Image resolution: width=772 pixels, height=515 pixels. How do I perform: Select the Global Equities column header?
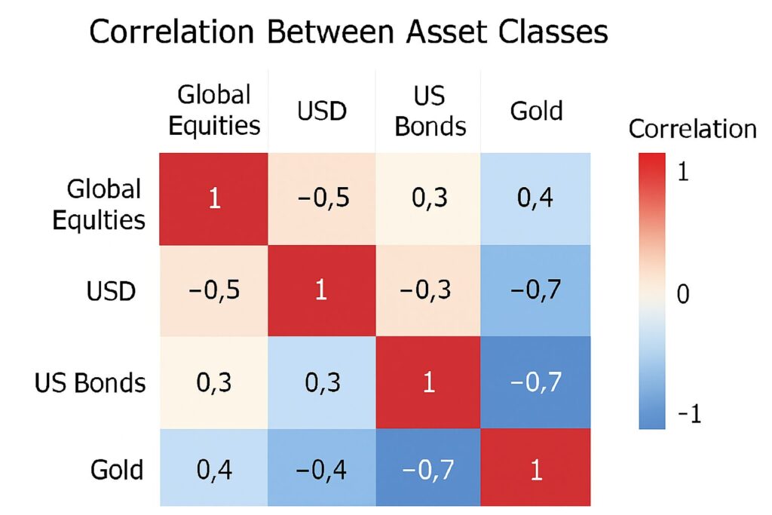click(x=214, y=110)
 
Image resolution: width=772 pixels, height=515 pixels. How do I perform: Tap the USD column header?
click(x=321, y=111)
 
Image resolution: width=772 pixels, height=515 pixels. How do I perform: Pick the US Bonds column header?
click(x=430, y=110)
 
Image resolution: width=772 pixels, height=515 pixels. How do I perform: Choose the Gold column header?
click(x=536, y=111)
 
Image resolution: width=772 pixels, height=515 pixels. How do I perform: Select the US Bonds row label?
click(x=90, y=382)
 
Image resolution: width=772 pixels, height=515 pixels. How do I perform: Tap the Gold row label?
click(x=117, y=469)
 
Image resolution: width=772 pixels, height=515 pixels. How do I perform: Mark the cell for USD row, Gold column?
click(x=536, y=291)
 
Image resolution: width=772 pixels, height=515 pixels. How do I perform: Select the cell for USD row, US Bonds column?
click(x=430, y=291)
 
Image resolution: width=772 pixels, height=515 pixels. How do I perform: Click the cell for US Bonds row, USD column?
click(x=321, y=382)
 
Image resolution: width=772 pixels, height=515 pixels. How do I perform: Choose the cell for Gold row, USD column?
click(x=321, y=469)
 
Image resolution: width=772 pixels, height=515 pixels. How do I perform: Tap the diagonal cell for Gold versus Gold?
click(x=536, y=469)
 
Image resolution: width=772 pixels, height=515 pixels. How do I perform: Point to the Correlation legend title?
click(x=692, y=129)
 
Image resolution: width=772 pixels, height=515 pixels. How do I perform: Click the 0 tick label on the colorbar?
click(x=683, y=294)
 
